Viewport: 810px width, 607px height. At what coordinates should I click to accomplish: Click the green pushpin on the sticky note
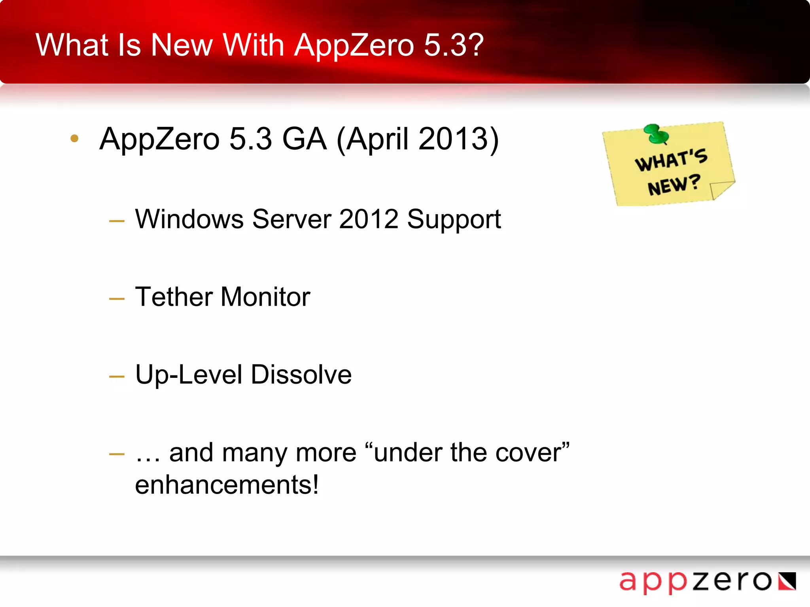pyautogui.click(x=656, y=134)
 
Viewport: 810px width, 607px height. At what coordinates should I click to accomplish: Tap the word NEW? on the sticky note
pyautogui.click(x=674, y=185)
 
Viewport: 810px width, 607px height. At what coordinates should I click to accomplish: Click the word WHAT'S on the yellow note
pyautogui.click(x=671, y=160)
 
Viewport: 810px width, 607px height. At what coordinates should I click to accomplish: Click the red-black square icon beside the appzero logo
pyautogui.click(x=787, y=581)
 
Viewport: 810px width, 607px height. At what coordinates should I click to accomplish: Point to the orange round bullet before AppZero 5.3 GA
pyautogui.click(x=74, y=138)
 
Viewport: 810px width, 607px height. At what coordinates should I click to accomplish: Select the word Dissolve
pyautogui.click(x=301, y=375)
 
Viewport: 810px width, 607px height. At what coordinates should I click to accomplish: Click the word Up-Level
pyautogui.click(x=188, y=375)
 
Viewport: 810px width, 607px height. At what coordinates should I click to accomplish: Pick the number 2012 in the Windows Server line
pyautogui.click(x=369, y=219)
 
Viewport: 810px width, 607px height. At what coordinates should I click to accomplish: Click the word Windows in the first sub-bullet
pyautogui.click(x=189, y=219)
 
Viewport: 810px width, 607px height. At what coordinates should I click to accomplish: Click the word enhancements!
pyautogui.click(x=227, y=485)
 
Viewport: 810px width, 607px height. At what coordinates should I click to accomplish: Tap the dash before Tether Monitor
pyautogui.click(x=117, y=299)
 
